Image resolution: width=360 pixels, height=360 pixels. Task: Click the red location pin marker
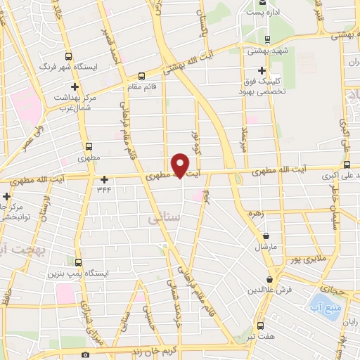click(181, 165)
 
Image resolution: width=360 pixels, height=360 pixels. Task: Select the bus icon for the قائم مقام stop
click(141, 75)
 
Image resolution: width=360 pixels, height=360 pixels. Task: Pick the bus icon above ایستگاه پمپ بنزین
click(79, 262)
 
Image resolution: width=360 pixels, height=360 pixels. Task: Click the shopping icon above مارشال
click(266, 236)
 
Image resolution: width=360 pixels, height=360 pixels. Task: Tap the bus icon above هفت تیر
click(261, 326)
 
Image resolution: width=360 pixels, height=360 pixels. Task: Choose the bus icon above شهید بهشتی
click(266, 39)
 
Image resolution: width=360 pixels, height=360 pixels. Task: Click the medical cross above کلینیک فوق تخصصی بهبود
click(262, 70)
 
